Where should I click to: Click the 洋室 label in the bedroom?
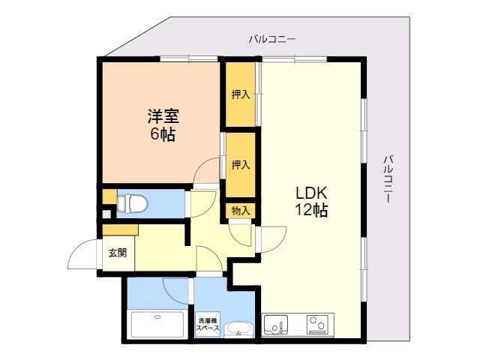(162, 117)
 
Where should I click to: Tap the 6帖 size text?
(162, 135)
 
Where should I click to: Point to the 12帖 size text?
(309, 211)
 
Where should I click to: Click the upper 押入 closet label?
(240, 95)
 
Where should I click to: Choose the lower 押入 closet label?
(240, 164)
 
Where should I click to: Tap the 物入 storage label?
(240, 211)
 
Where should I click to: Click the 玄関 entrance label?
(118, 253)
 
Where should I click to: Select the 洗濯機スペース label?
(208, 323)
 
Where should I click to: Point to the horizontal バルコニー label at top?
(273, 39)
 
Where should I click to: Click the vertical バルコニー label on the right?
(388, 179)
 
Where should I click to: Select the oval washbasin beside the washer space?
(239, 329)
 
